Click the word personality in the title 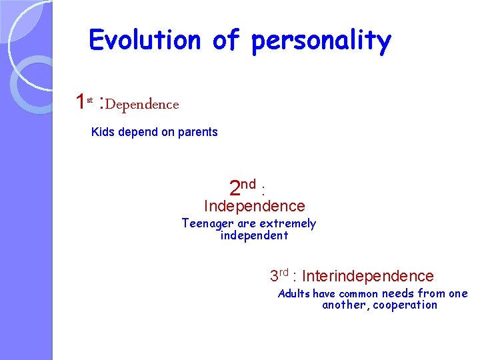[x=321, y=41]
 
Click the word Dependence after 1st [x=142, y=105]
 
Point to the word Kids [x=103, y=132]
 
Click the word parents [x=198, y=132]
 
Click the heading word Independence [x=254, y=207]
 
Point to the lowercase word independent [x=254, y=236]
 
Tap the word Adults [x=293, y=294]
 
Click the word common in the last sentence [x=359, y=294]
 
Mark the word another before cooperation [x=344, y=305]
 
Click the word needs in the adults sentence [x=398, y=294]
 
